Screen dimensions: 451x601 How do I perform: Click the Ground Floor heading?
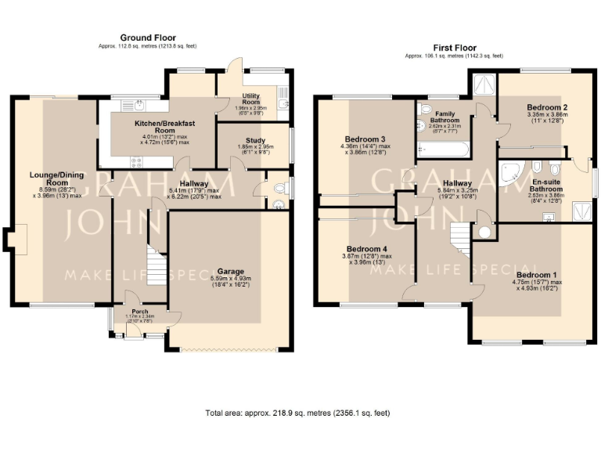click(148, 38)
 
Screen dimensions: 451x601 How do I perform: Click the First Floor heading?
click(455, 48)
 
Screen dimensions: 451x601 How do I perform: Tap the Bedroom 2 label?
click(547, 107)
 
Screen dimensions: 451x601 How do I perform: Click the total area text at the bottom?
click(297, 413)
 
